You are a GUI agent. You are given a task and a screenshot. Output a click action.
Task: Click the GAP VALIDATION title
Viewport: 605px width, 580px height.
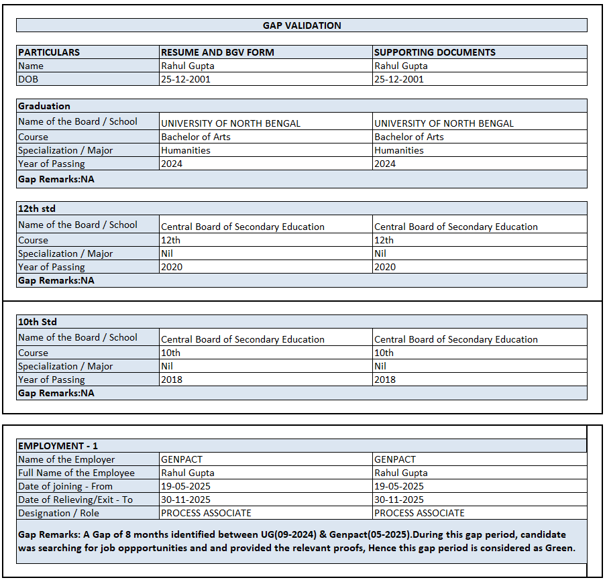pyautogui.click(x=302, y=25)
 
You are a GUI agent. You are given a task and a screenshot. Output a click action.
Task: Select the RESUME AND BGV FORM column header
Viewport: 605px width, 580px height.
pyautogui.click(x=217, y=52)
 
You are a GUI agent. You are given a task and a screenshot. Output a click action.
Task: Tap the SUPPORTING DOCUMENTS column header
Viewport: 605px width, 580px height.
pyautogui.click(x=435, y=52)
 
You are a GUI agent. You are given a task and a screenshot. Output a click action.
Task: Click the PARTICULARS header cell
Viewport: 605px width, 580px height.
pyautogui.click(x=49, y=52)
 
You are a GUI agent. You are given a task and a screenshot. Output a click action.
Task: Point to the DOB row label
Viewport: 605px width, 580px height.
pyautogui.click(x=28, y=79)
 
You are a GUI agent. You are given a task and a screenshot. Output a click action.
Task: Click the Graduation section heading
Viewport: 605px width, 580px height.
pyautogui.click(x=44, y=106)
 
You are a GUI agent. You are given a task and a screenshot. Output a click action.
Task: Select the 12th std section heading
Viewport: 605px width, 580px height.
pyautogui.click(x=37, y=209)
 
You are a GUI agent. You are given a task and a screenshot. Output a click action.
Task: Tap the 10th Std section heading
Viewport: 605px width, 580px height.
pyautogui.click(x=38, y=322)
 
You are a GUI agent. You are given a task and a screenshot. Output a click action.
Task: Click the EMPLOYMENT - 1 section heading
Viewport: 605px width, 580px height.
pyautogui.click(x=58, y=446)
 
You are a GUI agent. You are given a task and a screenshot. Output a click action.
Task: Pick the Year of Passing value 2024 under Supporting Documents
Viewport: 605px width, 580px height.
pyautogui.click(x=385, y=164)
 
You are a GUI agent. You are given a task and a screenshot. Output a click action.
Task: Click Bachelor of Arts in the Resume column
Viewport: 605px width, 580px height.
pyautogui.click(x=196, y=137)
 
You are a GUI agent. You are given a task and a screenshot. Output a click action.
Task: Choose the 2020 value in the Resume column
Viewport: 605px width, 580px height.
pyautogui.click(x=172, y=267)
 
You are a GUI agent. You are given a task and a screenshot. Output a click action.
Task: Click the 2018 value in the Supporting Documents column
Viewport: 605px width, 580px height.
pyautogui.click(x=385, y=380)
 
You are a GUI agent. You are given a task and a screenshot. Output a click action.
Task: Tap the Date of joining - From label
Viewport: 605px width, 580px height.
pyautogui.click(x=66, y=486)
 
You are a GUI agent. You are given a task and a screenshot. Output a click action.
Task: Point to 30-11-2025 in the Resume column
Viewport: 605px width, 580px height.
pyautogui.click(x=186, y=500)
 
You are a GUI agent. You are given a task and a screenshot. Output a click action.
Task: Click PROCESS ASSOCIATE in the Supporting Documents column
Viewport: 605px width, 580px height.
pyautogui.click(x=419, y=513)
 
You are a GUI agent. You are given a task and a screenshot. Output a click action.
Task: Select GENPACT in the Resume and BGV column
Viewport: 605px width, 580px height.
pyautogui.click(x=182, y=459)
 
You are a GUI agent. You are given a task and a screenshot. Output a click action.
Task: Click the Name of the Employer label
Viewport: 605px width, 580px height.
pyautogui.click(x=66, y=459)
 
